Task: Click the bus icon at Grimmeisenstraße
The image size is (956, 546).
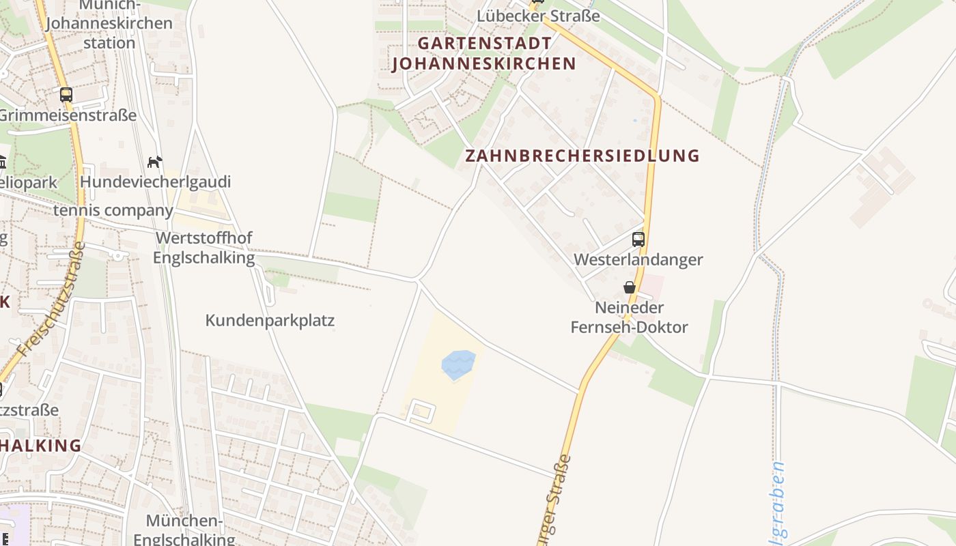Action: coord(66,95)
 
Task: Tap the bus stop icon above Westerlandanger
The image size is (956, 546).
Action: coord(638,240)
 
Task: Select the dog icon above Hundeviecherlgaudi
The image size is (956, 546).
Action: coord(155,162)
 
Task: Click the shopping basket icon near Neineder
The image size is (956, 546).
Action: coord(630,287)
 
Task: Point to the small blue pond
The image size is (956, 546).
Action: coord(458,364)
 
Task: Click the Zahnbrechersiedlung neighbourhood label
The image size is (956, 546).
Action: coord(582,156)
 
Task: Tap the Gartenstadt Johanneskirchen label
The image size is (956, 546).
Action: coord(484,53)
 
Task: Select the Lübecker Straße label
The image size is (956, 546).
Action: coord(538,16)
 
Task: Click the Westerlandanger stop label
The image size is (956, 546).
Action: coord(638,259)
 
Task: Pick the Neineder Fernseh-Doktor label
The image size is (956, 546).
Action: coord(629,317)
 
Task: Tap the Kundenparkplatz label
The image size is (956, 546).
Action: coord(270,320)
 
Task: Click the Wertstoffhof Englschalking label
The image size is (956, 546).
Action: coord(203,248)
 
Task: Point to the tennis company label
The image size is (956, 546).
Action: coord(113,210)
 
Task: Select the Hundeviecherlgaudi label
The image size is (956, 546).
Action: coord(155,182)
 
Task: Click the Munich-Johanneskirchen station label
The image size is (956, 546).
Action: coord(109,24)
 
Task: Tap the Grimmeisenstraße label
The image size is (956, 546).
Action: coord(67,115)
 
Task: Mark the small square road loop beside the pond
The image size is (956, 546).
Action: coord(421,412)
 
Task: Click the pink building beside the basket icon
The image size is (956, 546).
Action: coord(652,286)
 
